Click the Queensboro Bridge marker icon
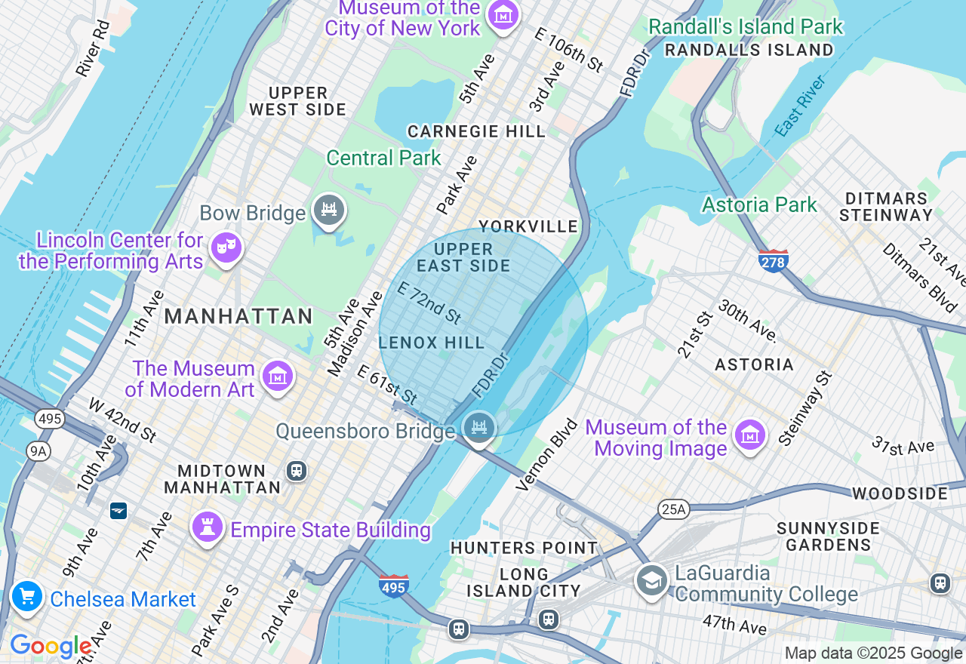click(478, 428)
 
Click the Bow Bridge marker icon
click(329, 210)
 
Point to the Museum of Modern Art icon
click(277, 375)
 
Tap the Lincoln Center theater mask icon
click(226, 246)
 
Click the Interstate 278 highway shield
click(774, 260)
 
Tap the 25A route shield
click(673, 509)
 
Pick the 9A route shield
click(37, 451)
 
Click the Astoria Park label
click(759, 204)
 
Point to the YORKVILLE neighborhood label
click(528, 226)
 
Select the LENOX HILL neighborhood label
click(432, 343)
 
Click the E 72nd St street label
click(429, 303)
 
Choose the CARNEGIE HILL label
click(476, 131)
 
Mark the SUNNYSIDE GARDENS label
click(829, 536)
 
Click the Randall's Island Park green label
click(746, 26)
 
